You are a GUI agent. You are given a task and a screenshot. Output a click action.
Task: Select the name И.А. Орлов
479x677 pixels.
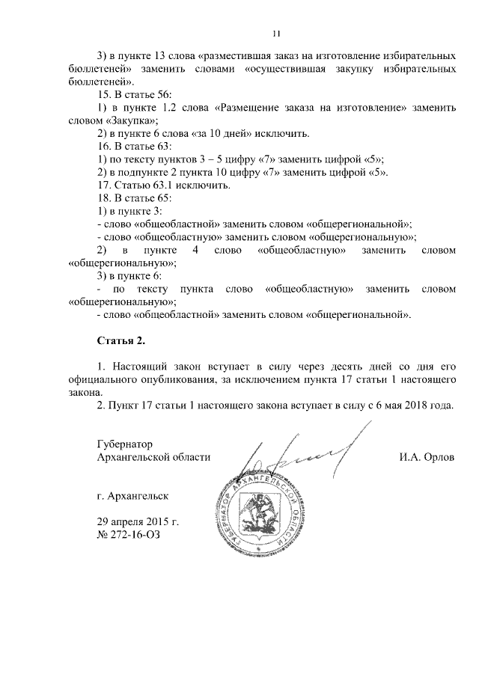pyautogui.click(x=427, y=456)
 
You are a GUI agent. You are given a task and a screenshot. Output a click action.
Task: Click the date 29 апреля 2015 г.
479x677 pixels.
pyautogui.click(x=138, y=521)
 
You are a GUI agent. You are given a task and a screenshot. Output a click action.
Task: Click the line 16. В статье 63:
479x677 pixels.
pyautogui.click(x=135, y=146)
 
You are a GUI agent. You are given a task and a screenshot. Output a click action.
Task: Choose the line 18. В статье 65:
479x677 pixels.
pyautogui.click(x=135, y=197)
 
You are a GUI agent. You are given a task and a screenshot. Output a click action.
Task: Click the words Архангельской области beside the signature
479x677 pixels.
pyautogui.click(x=154, y=456)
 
